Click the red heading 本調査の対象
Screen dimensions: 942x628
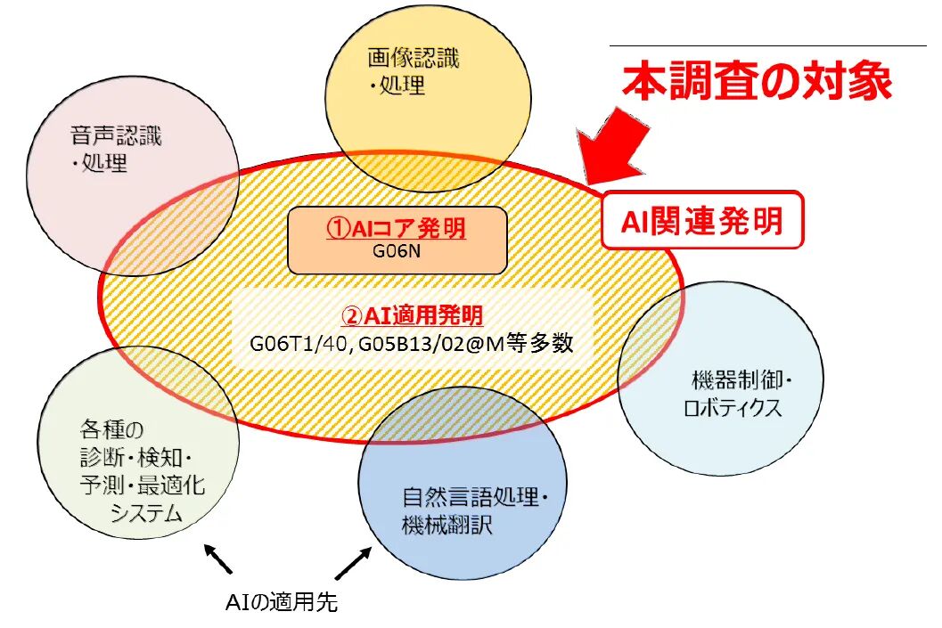tap(758, 82)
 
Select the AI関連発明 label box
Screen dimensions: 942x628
tap(703, 220)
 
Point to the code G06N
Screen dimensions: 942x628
tap(397, 251)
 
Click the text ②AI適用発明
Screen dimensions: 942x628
tap(413, 315)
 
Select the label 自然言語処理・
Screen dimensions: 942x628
tap(471, 496)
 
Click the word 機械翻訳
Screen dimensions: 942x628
tap(446, 524)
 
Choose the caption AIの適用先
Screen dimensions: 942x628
tap(281, 602)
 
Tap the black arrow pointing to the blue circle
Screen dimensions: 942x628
tap(353, 563)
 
